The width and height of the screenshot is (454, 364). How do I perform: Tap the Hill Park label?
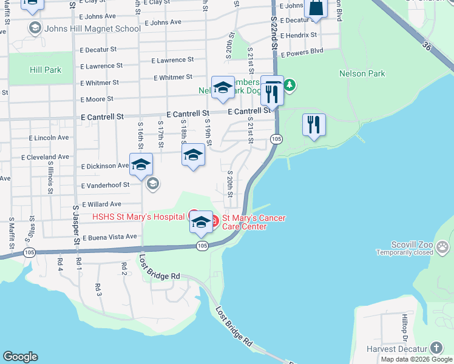point(46,70)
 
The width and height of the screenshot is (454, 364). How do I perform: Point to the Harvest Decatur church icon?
point(436,348)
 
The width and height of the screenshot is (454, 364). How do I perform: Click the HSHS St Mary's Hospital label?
point(138,217)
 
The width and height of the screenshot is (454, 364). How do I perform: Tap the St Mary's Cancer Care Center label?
point(254,222)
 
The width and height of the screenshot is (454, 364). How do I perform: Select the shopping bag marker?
point(316,8)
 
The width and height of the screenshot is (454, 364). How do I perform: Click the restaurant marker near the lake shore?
point(314,125)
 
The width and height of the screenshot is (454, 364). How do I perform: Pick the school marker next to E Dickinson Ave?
point(141,165)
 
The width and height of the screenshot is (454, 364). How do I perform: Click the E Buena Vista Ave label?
point(109,236)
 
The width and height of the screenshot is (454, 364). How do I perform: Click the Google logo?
point(20,357)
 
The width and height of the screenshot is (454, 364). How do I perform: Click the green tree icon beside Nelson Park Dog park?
point(290,84)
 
